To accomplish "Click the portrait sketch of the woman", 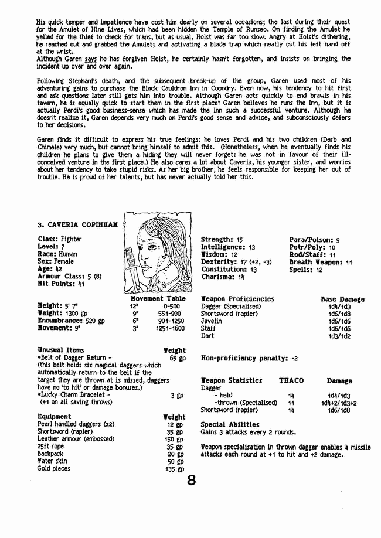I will click(158, 253).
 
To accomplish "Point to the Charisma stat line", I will click(223, 277).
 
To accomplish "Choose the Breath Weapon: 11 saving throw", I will click(320, 262).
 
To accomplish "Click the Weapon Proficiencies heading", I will click(237, 299).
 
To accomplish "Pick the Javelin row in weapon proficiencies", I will click(212, 321).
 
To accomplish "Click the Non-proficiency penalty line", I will click(250, 357).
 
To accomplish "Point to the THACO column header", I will click(291, 381).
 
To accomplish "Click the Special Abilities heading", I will click(230, 424).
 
